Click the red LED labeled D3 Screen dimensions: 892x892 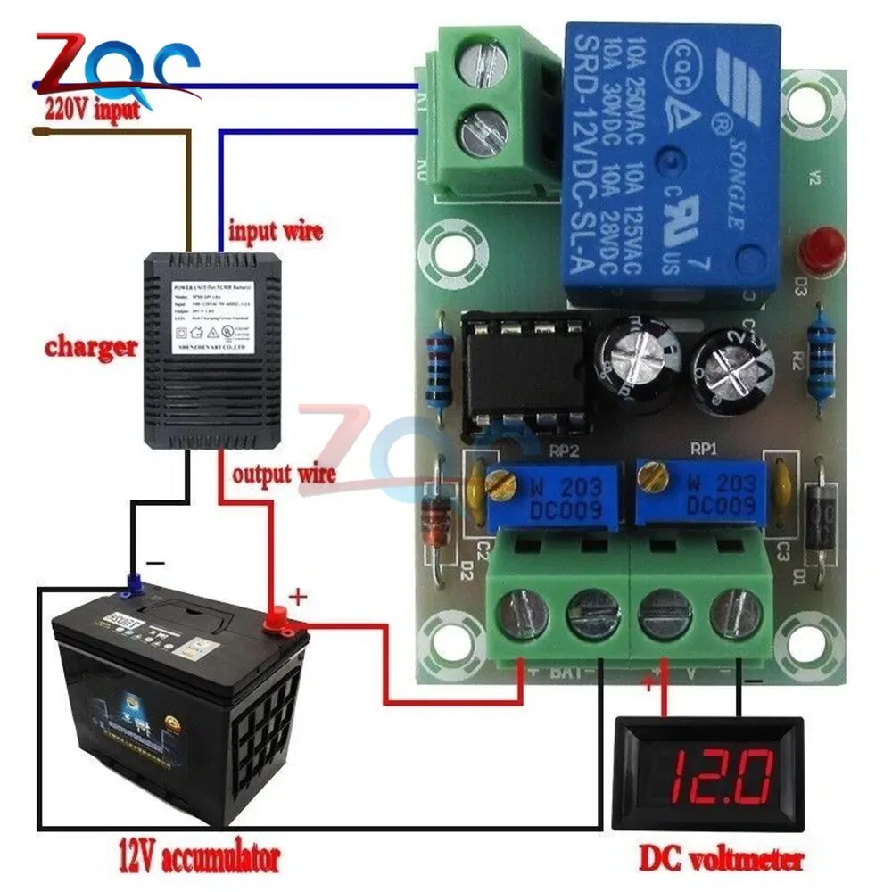(821, 250)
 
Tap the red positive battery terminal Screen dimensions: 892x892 (277, 616)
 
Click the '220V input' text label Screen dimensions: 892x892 (92, 110)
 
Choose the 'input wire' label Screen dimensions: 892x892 (276, 231)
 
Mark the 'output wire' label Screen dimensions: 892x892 (283, 472)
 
